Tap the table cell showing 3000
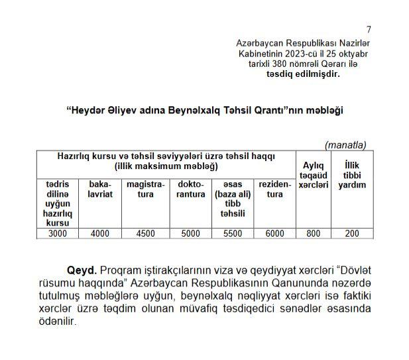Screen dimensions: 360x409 coord(58,233)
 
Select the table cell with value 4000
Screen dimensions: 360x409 coord(99,233)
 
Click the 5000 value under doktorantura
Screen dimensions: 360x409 coord(190,233)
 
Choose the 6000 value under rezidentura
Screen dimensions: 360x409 coord(274,233)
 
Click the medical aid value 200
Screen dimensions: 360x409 coord(352,233)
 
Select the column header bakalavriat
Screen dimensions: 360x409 coord(99,189)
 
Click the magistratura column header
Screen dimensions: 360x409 coord(145,189)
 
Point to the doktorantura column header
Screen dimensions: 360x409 coord(191,189)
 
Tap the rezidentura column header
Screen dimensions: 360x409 coord(274,189)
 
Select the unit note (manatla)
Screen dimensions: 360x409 coord(345,145)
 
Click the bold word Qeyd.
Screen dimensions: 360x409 coord(82,271)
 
